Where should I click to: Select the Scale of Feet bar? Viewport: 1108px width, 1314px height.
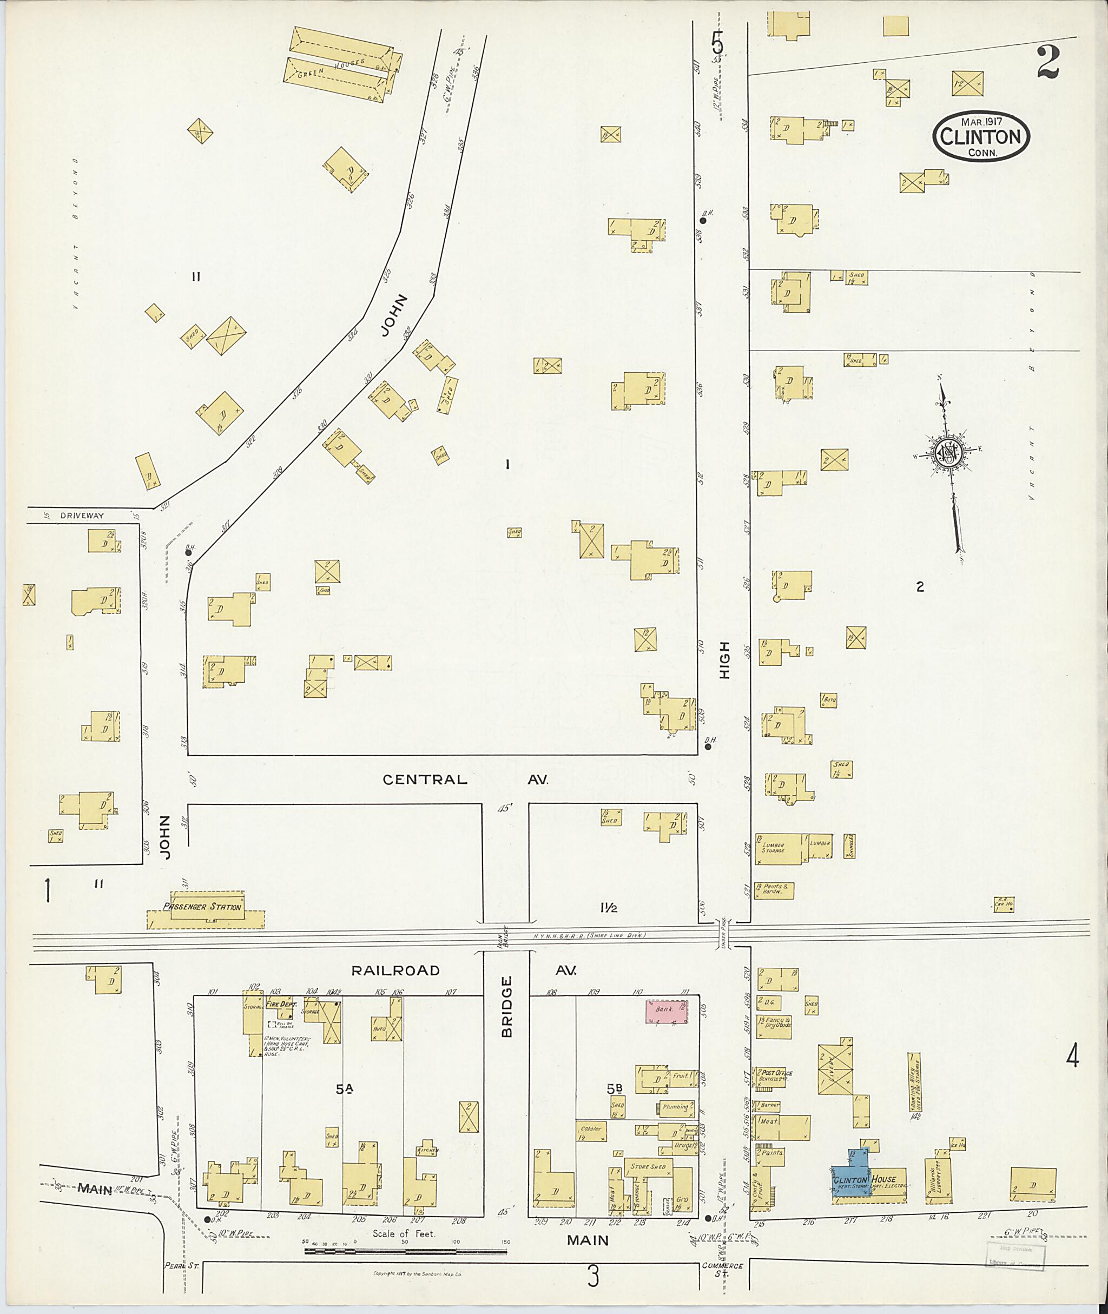[x=405, y=1252]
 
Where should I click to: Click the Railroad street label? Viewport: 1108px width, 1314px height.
[x=395, y=970]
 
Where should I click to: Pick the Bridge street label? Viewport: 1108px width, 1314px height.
[x=507, y=1015]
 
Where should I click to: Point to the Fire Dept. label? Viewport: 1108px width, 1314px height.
[x=281, y=1005]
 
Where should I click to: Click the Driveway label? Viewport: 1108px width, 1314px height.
[x=82, y=516]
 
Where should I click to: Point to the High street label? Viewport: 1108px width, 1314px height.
[x=725, y=659]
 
